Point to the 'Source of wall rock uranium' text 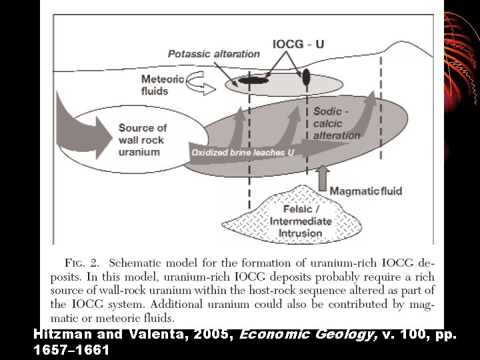[x=143, y=139]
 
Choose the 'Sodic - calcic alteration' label [x=336, y=123]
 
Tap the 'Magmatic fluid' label [x=366, y=191]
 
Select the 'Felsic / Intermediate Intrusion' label [x=300, y=221]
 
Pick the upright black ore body [x=306, y=77]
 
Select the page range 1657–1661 [x=70, y=349]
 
